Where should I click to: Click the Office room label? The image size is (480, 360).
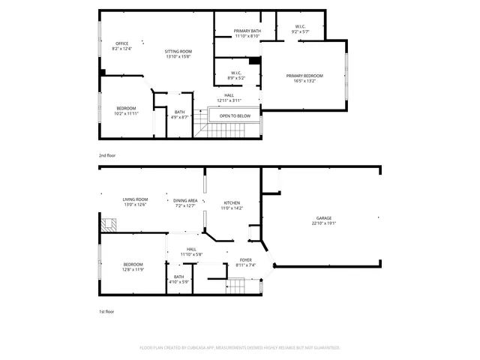point(121,46)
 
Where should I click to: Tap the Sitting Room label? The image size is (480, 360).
point(178,53)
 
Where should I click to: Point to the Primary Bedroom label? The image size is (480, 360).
point(304,78)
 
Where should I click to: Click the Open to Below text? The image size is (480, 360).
point(235,116)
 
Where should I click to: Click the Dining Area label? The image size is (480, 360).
point(185,202)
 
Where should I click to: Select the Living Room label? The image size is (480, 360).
point(135,202)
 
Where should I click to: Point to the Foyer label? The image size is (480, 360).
point(246,262)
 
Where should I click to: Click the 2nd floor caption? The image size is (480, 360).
point(107,155)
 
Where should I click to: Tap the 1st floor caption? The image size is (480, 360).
point(107,311)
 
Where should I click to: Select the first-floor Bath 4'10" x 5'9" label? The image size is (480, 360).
point(178,279)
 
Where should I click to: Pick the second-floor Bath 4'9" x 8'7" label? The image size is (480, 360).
point(178,115)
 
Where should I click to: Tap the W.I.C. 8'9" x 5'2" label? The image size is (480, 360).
point(236,75)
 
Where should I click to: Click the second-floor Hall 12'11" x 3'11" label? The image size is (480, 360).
point(229,97)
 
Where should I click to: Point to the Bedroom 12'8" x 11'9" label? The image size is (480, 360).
point(133,267)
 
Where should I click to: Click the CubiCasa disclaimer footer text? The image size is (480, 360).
point(240,348)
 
